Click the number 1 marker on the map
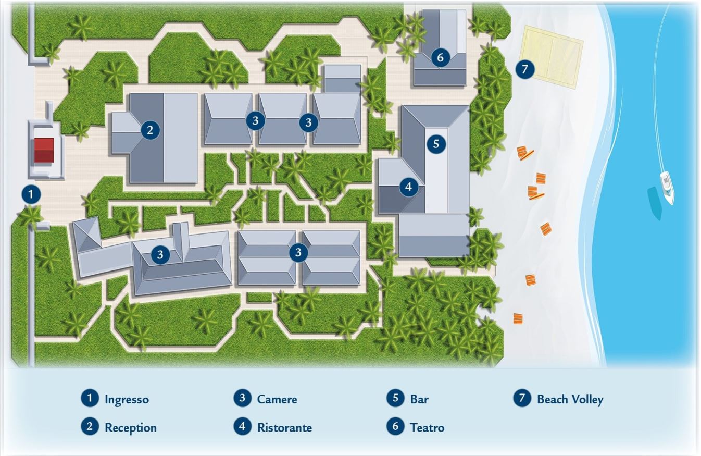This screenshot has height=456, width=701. (x=31, y=194)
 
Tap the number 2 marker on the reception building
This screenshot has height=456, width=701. (x=150, y=130)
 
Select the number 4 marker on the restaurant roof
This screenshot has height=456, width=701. (x=409, y=187)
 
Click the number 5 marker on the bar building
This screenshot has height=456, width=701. (x=436, y=144)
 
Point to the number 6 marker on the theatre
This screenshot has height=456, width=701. (x=440, y=57)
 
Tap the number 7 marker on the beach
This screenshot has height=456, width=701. (x=525, y=69)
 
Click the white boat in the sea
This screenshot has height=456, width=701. (x=667, y=188)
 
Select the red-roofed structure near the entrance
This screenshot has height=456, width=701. (x=44, y=150)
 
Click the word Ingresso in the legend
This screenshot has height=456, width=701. (x=127, y=399)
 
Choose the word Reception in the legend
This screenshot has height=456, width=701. (x=131, y=428)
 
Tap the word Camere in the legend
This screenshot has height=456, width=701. (x=277, y=399)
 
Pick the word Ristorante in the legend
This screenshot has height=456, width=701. (x=284, y=428)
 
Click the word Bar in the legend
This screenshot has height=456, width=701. (x=419, y=399)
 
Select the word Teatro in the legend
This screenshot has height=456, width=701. (x=427, y=428)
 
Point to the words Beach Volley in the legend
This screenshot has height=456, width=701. (x=570, y=400)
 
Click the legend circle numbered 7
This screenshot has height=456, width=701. (x=522, y=398)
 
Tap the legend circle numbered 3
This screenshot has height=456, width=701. (x=243, y=398)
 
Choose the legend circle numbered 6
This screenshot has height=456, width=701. (x=396, y=426)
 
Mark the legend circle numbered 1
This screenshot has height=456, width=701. (x=90, y=398)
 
